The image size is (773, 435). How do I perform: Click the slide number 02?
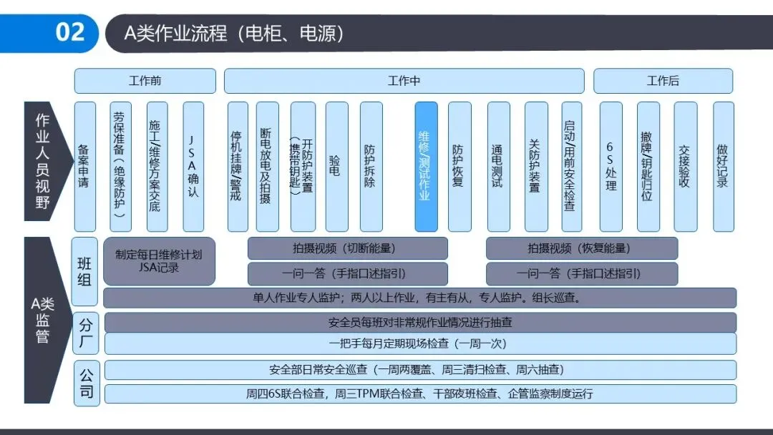[69, 32]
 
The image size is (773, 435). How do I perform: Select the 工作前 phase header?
[145, 81]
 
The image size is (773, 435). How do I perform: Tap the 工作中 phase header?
[404, 81]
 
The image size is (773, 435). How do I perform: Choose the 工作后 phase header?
[663, 81]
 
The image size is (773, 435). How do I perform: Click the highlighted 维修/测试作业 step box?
[426, 166]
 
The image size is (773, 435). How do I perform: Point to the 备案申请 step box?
[84, 166]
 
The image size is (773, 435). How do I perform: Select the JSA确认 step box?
[193, 166]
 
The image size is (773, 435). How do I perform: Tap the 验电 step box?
[336, 166]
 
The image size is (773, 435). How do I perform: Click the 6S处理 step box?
[611, 166]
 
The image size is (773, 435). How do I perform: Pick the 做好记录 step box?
[723, 166]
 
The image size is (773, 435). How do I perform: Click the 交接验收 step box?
[685, 166]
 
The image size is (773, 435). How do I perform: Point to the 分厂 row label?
[85, 333]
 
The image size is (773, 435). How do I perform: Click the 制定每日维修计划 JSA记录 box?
[159, 261]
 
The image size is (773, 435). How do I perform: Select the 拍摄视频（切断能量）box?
[347, 248]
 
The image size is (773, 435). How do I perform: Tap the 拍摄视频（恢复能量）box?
[581, 248]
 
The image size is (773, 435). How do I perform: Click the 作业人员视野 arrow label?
[44, 161]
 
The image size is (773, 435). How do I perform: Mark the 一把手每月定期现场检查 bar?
[420, 343]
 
